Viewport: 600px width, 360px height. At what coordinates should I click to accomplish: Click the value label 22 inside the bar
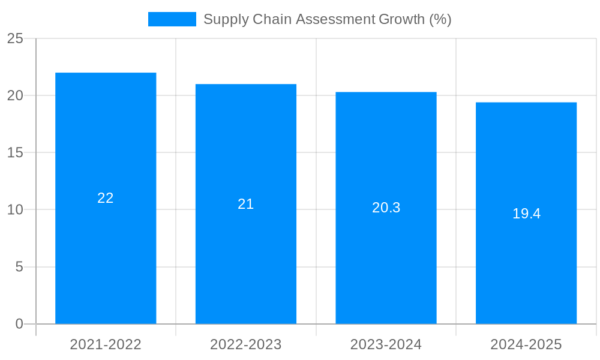pyautogui.click(x=106, y=198)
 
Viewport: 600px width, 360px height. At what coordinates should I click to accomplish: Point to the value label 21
pyautogui.click(x=246, y=204)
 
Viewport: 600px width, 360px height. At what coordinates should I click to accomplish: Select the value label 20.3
pyautogui.click(x=386, y=208)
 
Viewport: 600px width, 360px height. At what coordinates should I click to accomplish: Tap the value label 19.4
pyautogui.click(x=526, y=214)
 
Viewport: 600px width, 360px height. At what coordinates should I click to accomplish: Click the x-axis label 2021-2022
pyautogui.click(x=106, y=344)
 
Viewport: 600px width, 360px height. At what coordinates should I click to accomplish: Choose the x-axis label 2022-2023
pyautogui.click(x=246, y=344)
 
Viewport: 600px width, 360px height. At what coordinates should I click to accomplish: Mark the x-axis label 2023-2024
pyautogui.click(x=386, y=344)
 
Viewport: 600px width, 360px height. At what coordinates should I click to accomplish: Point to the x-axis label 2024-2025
pyautogui.click(x=526, y=344)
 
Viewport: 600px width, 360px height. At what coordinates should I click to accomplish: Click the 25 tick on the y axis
pyautogui.click(x=15, y=38)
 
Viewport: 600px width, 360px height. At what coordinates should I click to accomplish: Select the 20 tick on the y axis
pyautogui.click(x=15, y=95)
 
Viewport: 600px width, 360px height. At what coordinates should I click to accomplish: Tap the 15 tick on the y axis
pyautogui.click(x=15, y=152)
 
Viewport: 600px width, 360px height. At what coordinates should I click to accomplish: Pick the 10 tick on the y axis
pyautogui.click(x=15, y=209)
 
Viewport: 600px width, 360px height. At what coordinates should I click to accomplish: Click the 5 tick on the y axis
pyautogui.click(x=19, y=266)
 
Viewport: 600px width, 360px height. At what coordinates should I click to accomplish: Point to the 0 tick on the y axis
pyautogui.click(x=19, y=324)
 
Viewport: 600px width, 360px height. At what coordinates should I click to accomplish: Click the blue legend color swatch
pyautogui.click(x=172, y=19)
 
